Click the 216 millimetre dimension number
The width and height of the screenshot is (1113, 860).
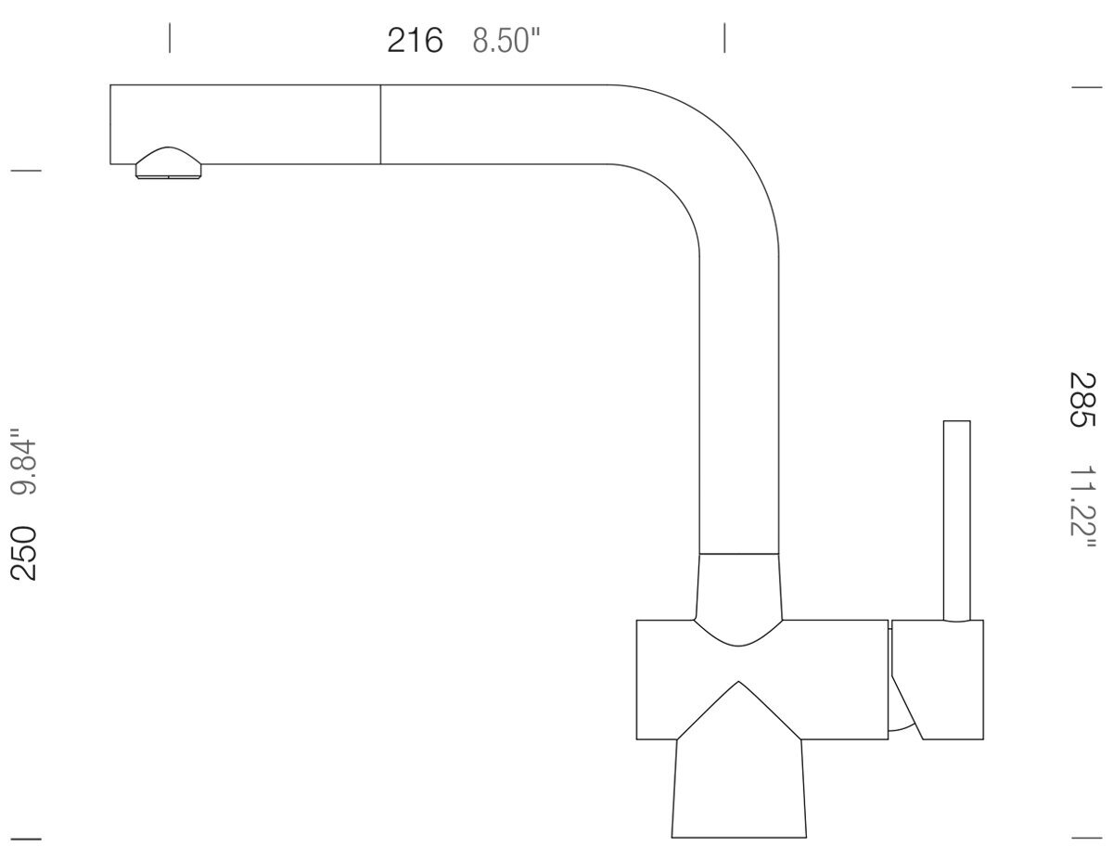(415, 41)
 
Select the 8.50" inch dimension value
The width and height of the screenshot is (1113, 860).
(506, 42)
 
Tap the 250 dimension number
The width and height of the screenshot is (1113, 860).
(24, 552)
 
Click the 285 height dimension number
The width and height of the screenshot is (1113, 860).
(1082, 400)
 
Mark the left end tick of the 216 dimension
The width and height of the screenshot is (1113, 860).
(170, 38)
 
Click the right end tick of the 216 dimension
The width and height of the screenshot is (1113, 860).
(724, 38)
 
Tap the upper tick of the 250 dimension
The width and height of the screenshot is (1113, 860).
(25, 171)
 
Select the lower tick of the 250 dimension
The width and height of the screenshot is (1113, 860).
(25, 839)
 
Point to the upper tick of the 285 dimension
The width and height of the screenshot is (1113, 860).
(1086, 87)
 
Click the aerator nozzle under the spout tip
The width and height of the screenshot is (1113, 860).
(169, 164)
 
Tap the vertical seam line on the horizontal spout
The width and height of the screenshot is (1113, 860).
(380, 124)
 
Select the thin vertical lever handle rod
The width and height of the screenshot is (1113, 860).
(957, 520)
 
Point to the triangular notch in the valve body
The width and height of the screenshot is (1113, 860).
(738, 714)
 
